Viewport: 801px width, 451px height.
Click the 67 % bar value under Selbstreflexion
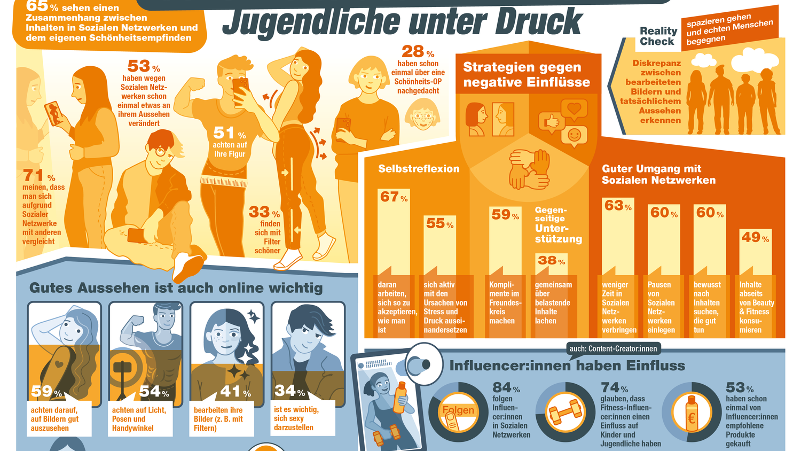(394, 197)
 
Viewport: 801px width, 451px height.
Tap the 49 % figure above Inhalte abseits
(755, 237)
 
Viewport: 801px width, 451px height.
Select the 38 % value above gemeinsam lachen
(551, 261)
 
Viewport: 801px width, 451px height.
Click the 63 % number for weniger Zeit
(618, 206)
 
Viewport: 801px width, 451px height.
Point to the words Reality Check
(658, 36)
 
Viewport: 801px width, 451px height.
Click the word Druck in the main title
(538, 22)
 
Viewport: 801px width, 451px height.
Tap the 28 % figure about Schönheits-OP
(418, 52)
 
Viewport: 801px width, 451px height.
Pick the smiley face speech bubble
(575, 136)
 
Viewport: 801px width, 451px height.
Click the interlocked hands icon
(529, 169)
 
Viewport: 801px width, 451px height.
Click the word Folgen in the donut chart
(458, 410)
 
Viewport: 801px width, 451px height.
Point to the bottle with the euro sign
(692, 412)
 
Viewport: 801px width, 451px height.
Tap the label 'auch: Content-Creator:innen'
(614, 349)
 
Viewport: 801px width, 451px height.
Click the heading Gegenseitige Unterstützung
(557, 225)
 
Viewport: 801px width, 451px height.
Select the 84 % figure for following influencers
(506, 387)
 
